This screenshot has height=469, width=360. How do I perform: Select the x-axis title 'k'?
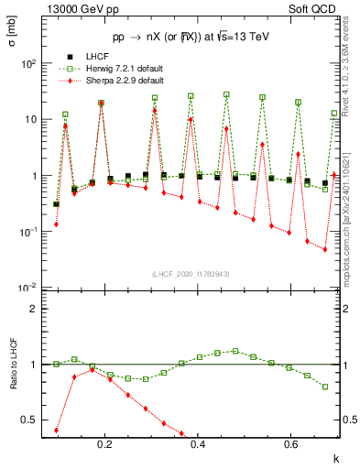(335, 455)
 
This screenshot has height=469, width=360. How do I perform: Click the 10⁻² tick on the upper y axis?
(27, 289)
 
